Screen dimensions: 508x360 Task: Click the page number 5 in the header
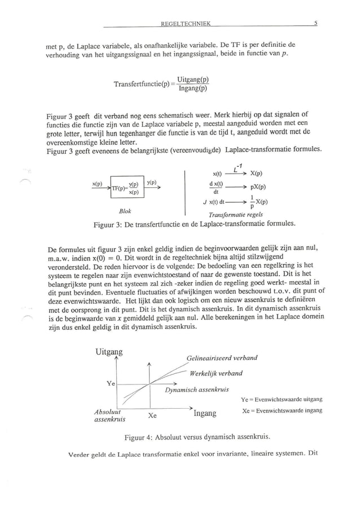317,24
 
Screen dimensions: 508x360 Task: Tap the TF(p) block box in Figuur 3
127,188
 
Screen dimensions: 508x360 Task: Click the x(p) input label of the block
97,184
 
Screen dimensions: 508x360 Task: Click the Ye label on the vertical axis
111,383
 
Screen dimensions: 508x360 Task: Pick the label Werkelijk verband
216,373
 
